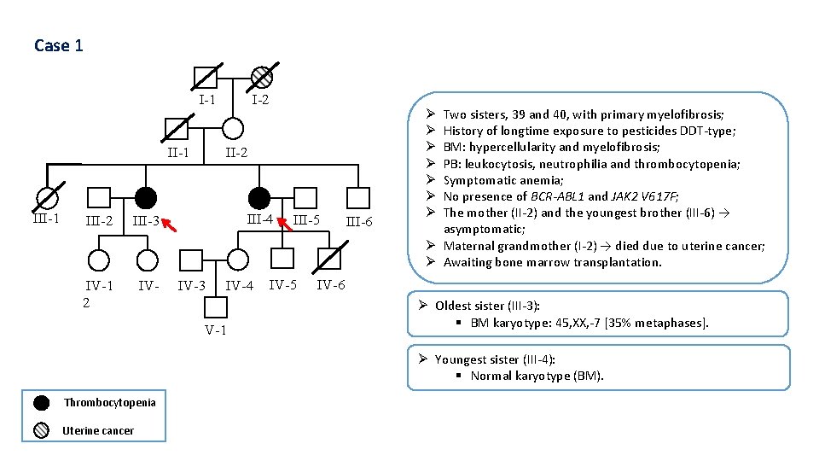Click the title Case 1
[59, 45]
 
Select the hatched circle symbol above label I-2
[262, 78]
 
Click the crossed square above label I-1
[206, 78]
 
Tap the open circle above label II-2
[232, 128]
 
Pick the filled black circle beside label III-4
[258, 197]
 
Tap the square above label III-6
[358, 197]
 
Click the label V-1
[216, 330]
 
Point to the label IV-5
[283, 285]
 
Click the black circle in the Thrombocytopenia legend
[41, 403]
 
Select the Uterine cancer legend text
[98, 431]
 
